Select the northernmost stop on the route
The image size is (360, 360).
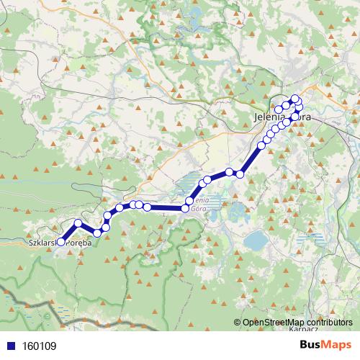[x=294, y=98]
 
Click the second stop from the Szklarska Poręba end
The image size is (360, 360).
[x=78, y=223]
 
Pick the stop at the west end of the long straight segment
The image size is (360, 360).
[x=147, y=207]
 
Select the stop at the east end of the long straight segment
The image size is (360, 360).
[x=185, y=209]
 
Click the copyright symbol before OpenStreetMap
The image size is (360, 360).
[x=238, y=323]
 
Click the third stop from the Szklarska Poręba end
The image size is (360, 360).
[x=96, y=233]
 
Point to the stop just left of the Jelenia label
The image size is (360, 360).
[x=279, y=109]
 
